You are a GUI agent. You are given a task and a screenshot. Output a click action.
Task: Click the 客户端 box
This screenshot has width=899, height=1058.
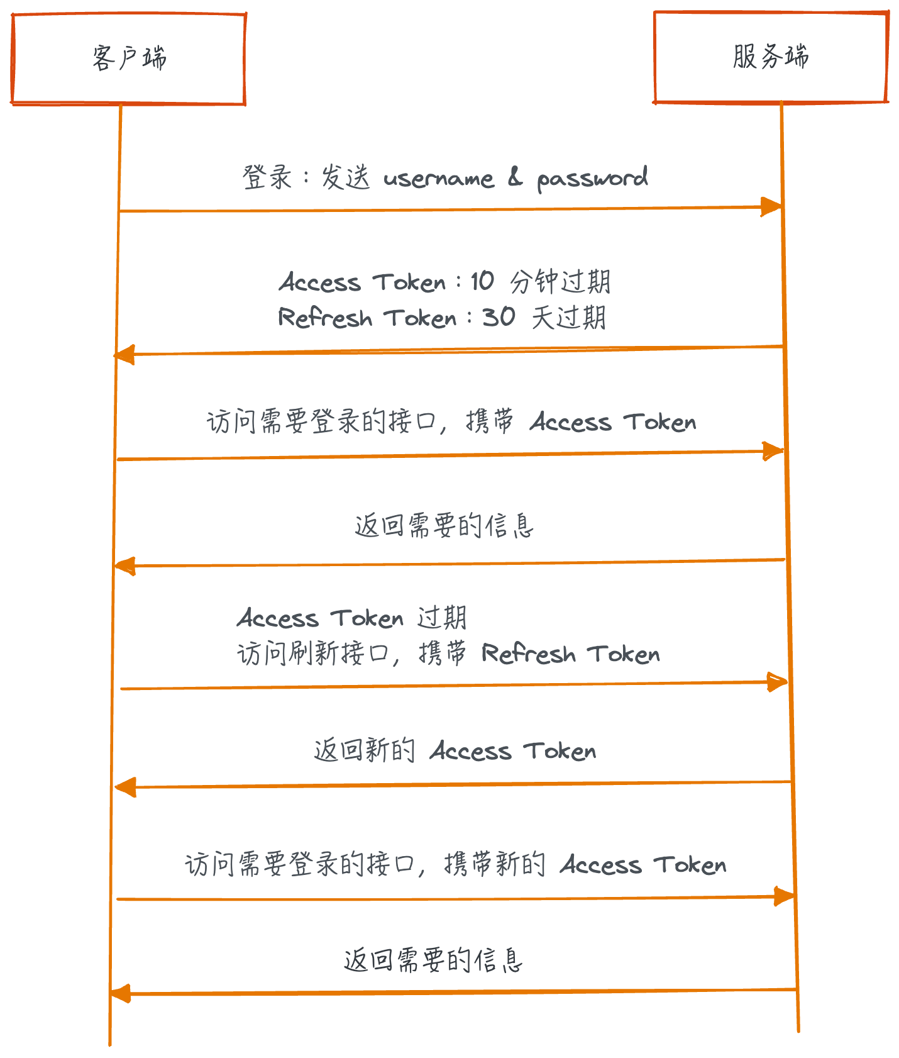click(128, 58)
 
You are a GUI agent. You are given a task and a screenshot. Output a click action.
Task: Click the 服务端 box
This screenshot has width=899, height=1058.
click(771, 57)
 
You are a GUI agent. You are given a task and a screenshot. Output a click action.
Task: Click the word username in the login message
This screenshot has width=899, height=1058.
click(439, 179)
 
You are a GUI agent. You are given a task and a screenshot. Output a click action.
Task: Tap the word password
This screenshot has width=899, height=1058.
click(592, 179)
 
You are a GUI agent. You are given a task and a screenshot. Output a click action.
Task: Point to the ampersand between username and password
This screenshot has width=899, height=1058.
click(515, 178)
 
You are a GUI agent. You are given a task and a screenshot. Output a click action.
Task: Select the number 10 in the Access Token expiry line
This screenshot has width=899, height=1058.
click(482, 281)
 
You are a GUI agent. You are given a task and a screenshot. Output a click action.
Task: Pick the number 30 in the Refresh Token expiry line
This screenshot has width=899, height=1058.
click(499, 317)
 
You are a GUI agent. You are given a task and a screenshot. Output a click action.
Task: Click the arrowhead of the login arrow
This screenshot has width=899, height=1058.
click(771, 207)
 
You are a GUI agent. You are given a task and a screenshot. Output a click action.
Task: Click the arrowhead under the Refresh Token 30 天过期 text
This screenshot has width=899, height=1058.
click(124, 355)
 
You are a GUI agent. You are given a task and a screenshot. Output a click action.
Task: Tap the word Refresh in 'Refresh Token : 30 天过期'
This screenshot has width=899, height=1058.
click(325, 318)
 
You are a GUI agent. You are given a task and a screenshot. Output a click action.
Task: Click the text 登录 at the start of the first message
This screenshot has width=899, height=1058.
click(267, 177)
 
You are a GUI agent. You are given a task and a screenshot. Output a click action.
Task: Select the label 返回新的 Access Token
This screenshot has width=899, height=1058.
click(455, 750)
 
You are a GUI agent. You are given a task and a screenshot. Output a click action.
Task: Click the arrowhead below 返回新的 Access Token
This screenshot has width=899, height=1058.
click(126, 787)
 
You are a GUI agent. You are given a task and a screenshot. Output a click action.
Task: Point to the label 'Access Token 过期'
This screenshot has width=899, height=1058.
click(351, 618)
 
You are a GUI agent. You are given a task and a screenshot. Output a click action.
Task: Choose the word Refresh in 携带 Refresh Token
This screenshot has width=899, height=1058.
click(528, 654)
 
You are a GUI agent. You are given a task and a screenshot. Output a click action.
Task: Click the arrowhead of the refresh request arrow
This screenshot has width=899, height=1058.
click(777, 682)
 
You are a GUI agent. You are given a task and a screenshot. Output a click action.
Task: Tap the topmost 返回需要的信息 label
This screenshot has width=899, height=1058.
click(444, 526)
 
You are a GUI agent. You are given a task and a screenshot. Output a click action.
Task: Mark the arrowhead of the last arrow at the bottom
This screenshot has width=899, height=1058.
click(120, 994)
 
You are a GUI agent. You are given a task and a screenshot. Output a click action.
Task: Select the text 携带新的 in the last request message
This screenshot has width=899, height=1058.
click(495, 864)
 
